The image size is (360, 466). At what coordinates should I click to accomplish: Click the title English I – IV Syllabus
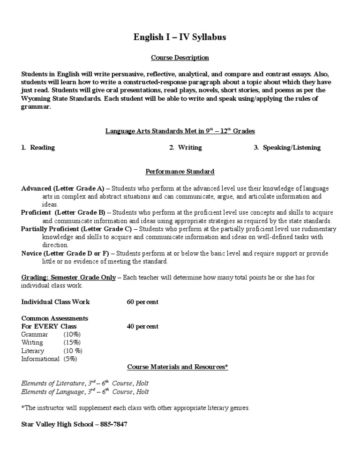click(180, 37)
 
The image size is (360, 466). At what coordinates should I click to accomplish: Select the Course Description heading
click(180, 58)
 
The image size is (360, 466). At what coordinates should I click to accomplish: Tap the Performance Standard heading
click(180, 172)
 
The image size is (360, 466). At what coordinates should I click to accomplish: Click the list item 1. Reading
click(38, 147)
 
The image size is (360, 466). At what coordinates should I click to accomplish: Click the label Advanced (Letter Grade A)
click(65, 188)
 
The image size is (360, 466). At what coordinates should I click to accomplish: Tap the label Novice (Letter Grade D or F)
click(65, 253)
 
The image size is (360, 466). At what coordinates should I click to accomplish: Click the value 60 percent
click(142, 302)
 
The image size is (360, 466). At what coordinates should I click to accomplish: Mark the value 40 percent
click(142, 326)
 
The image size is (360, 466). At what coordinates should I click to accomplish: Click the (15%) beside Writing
click(72, 343)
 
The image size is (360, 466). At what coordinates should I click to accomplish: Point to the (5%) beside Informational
click(70, 359)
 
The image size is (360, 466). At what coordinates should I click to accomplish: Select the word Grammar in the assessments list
click(35, 334)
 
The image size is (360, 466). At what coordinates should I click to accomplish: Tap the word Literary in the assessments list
click(33, 351)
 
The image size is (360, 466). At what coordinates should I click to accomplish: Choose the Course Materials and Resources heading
click(178, 367)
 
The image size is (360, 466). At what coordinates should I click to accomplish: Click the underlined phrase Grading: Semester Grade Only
click(68, 278)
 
